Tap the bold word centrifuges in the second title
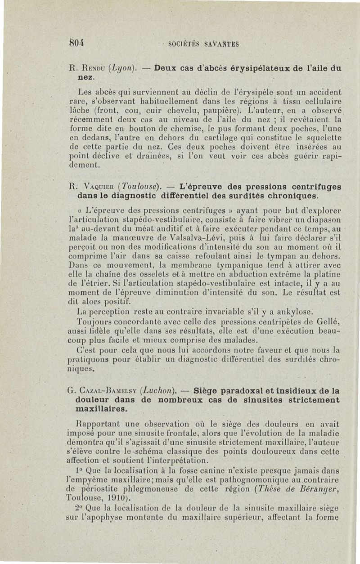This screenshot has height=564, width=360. point(310,186)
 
